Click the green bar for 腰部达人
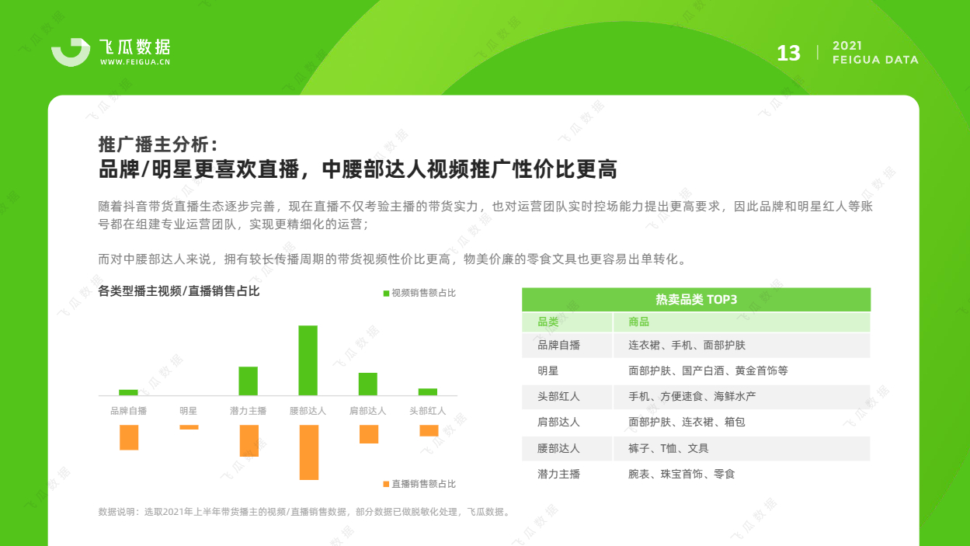(308, 360)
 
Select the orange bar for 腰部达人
(309, 452)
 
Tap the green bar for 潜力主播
(248, 381)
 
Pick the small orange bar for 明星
(189, 427)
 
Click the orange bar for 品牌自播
(129, 437)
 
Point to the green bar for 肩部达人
(368, 384)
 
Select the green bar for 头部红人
(428, 392)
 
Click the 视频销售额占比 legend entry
(419, 293)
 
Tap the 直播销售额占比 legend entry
(419, 484)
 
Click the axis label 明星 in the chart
(189, 411)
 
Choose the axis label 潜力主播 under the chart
(248, 411)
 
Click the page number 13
(788, 54)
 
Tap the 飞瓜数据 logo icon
(71, 52)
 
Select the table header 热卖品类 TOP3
(697, 300)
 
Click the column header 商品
(638, 322)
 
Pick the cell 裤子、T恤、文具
(668, 448)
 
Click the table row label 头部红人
(558, 396)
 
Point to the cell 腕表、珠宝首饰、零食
(682, 474)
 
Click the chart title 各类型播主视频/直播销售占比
(179, 291)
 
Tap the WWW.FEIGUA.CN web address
(135, 62)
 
